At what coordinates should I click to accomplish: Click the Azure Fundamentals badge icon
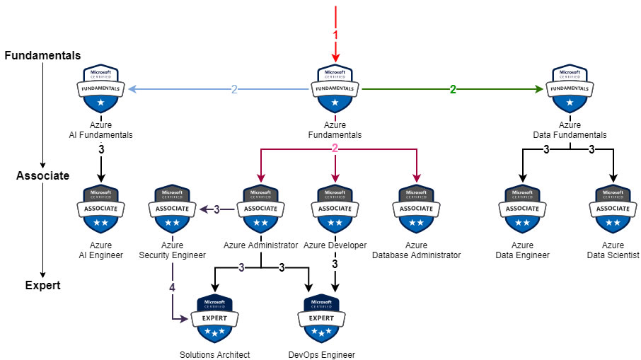[x=335, y=90]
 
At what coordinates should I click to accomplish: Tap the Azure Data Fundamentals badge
[x=570, y=90]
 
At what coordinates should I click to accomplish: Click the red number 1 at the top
[x=335, y=34]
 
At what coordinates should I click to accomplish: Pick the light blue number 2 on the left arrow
[x=234, y=89]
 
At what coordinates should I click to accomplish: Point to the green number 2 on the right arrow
[x=453, y=89]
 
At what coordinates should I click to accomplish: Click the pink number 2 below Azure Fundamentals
[x=335, y=149]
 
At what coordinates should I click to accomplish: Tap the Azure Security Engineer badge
[x=172, y=209]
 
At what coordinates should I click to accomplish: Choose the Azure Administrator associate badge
[x=260, y=209]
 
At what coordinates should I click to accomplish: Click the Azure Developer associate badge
[x=335, y=209]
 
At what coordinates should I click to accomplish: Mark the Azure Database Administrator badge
[x=416, y=209]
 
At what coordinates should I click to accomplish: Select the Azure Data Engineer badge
[x=523, y=209]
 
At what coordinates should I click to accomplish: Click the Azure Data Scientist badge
[x=613, y=209]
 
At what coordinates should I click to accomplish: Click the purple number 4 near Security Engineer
[x=172, y=287]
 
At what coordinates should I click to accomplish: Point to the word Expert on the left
[x=43, y=286]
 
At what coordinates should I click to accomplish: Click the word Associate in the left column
[x=43, y=176]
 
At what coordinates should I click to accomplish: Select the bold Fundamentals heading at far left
[x=42, y=55]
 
